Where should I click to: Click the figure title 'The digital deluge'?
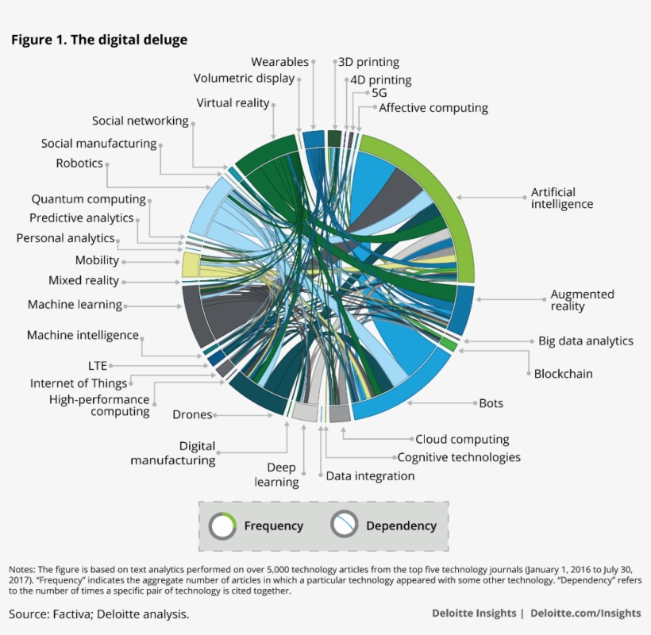click(x=99, y=40)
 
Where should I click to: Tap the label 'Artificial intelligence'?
click(x=561, y=198)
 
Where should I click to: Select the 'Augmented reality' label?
click(x=582, y=300)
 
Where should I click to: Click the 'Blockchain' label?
click(x=563, y=374)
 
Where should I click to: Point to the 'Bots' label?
click(x=491, y=403)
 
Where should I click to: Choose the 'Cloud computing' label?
click(x=462, y=439)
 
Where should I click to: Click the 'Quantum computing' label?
click(x=88, y=199)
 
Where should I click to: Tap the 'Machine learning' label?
click(x=75, y=304)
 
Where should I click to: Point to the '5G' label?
click(x=379, y=93)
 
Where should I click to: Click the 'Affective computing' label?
click(x=433, y=108)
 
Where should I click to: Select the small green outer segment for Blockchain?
click(x=449, y=345)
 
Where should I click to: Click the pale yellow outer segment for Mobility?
click(x=190, y=264)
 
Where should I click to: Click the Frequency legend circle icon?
click(x=222, y=525)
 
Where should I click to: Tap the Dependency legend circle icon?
click(x=344, y=525)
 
